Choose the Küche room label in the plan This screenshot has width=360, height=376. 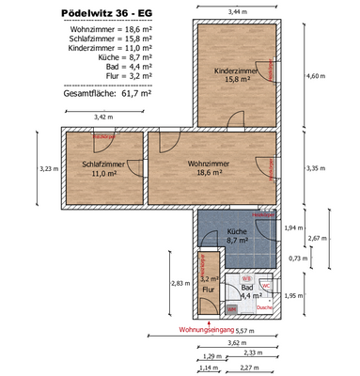point(237,235)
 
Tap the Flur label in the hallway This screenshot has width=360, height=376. point(209,290)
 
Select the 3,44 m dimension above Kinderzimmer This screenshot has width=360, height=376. point(240,10)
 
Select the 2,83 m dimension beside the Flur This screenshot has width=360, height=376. point(178,283)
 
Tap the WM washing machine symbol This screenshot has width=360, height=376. point(231,308)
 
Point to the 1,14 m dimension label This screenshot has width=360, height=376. point(210,367)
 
